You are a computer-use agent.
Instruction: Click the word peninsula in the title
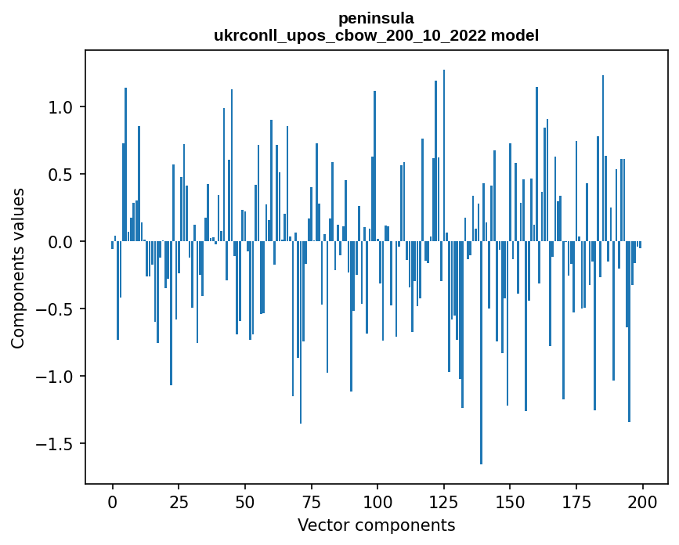(376, 18)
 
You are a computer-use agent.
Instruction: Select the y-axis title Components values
(18, 268)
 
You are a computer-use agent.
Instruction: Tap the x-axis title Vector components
(376, 525)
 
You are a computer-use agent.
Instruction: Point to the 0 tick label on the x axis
(112, 501)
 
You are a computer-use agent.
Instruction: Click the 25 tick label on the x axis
(179, 501)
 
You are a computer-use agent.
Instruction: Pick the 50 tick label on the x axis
(244, 501)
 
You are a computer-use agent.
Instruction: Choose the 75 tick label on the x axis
(311, 501)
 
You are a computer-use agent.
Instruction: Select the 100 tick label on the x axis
(377, 501)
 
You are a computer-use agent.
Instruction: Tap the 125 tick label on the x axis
(443, 501)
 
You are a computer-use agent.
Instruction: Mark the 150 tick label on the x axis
(510, 501)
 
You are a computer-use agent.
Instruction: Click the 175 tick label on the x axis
(576, 501)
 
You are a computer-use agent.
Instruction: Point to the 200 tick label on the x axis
(642, 501)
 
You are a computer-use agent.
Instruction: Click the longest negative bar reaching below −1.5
(481, 352)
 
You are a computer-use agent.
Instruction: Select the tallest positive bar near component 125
(444, 157)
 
